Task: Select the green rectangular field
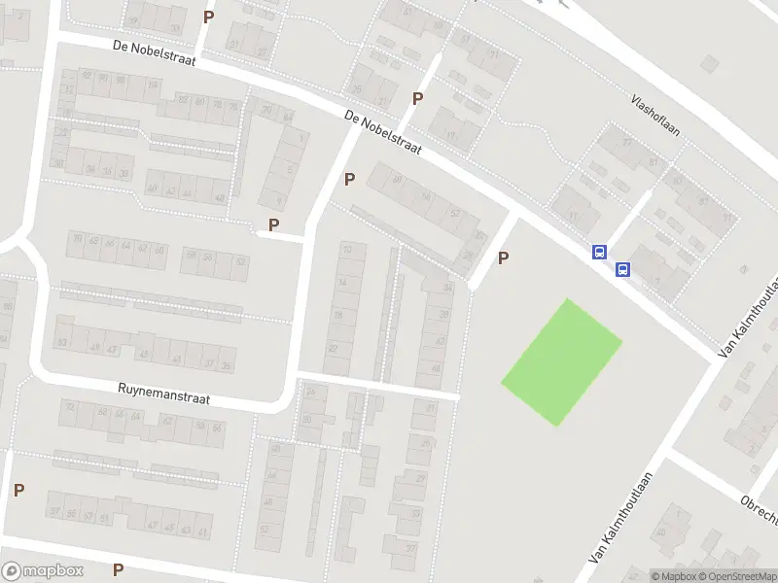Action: [561, 361]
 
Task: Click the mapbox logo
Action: [43, 571]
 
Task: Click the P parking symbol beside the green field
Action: [503, 257]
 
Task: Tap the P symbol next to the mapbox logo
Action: [118, 569]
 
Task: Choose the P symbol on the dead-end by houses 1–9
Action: [273, 224]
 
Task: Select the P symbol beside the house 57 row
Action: [18, 490]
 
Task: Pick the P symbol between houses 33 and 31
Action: [207, 17]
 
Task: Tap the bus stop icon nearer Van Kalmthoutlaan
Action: [622, 269]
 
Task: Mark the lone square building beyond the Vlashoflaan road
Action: [710, 63]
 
